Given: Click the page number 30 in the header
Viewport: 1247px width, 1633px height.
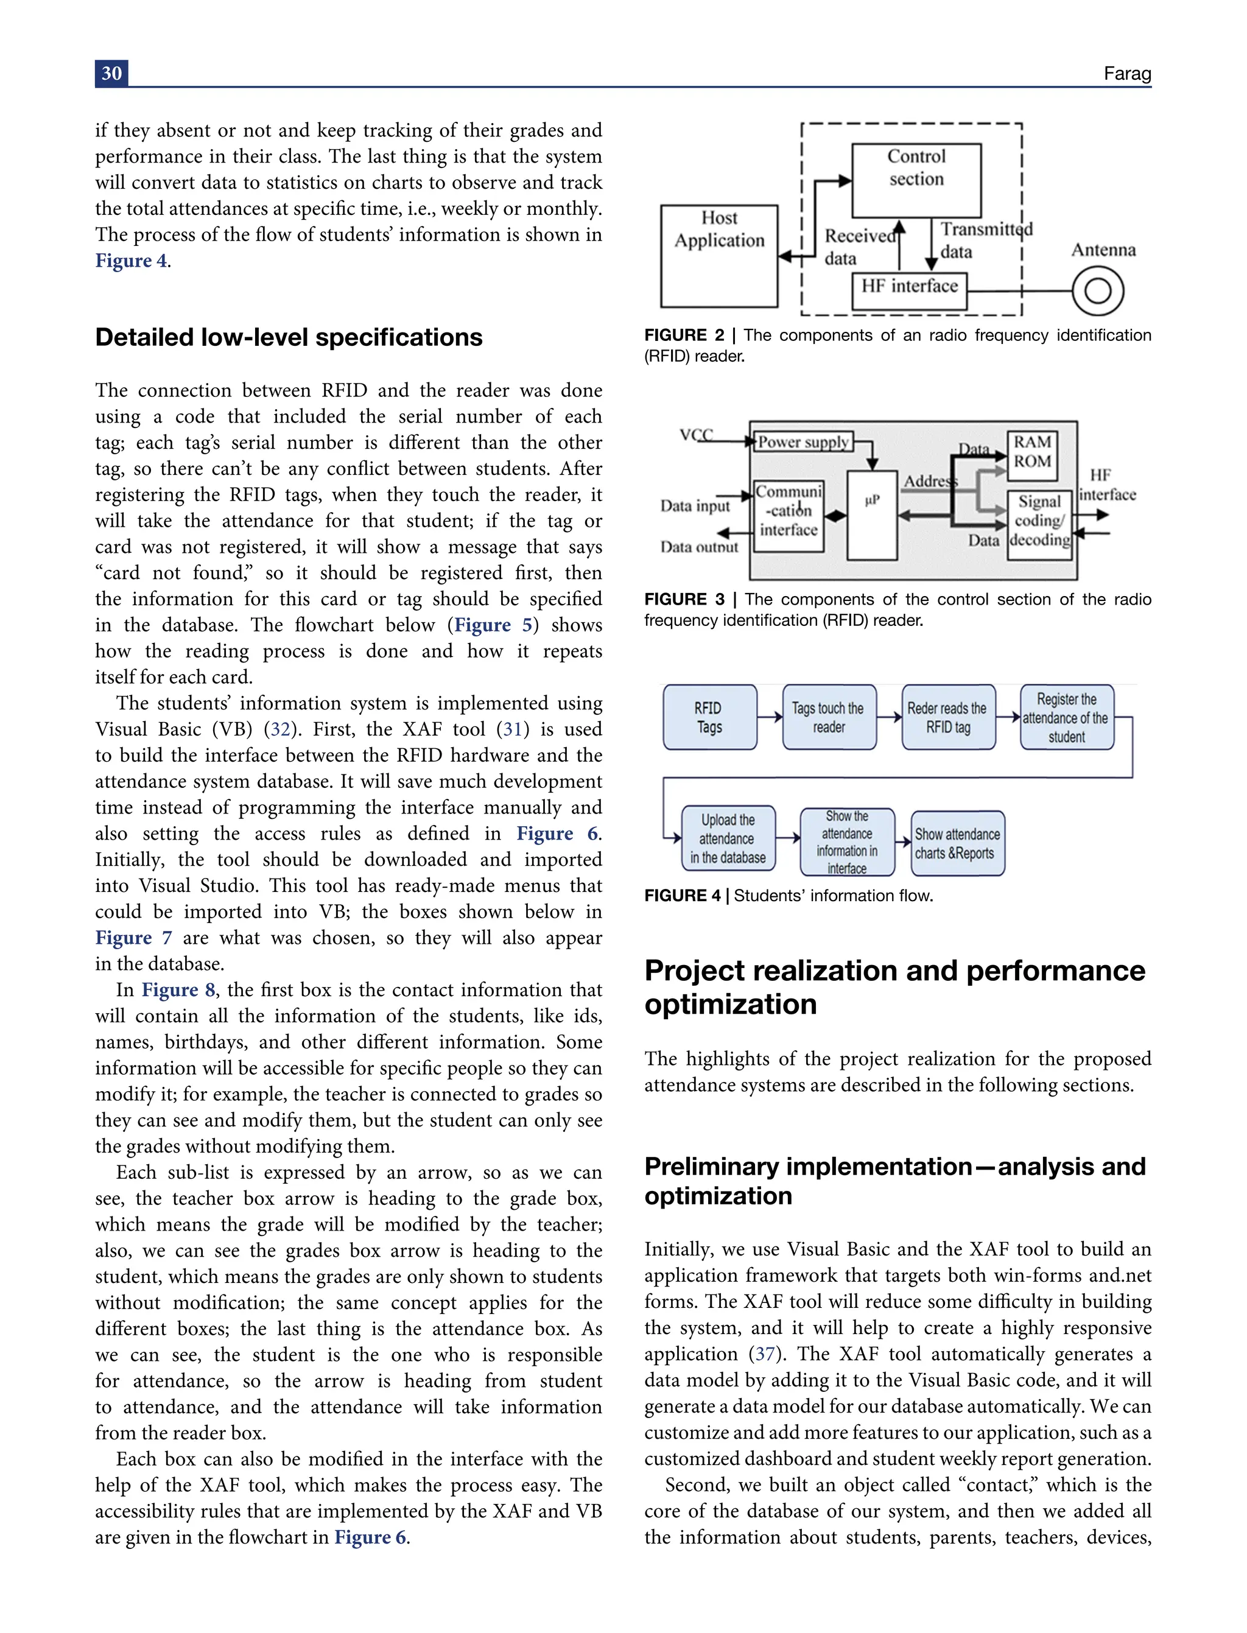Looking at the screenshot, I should coord(111,74).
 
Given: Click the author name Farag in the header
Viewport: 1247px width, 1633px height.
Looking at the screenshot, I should coord(1127,74).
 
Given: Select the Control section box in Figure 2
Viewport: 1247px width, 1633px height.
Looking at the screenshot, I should coord(916,180).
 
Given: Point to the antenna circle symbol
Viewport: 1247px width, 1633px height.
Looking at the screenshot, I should coord(1097,291).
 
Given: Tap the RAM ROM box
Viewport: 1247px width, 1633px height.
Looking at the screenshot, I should coord(1031,453).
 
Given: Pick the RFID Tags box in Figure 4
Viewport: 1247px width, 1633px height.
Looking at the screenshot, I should coord(709,718).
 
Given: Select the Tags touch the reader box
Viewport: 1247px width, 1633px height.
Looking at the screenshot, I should coord(828,718).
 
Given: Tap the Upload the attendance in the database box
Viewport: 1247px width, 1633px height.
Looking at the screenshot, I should coord(728,839).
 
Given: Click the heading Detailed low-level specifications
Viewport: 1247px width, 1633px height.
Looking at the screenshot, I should coord(289,338).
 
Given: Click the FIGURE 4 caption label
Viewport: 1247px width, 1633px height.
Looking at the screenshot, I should coord(682,896).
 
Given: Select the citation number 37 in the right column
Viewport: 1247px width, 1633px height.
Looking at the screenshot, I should coord(765,1354).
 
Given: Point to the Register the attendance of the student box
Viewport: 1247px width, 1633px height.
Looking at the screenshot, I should coord(1066,718).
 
